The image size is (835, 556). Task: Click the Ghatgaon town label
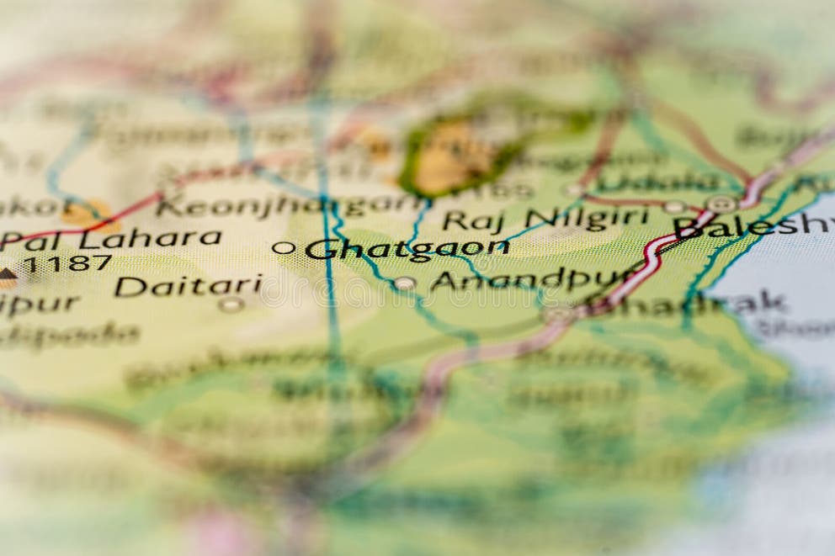click(407, 248)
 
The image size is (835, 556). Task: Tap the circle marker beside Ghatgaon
click(284, 247)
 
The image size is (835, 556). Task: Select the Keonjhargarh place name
click(290, 205)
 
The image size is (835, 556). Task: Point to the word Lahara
click(161, 238)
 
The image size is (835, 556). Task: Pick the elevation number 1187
click(66, 263)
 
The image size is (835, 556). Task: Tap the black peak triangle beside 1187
click(7, 273)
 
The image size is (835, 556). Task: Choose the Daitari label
click(188, 286)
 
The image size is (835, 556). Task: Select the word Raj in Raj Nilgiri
click(472, 220)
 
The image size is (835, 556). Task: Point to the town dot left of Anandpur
click(404, 283)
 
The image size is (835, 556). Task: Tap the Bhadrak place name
click(699, 303)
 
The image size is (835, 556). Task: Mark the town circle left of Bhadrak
click(557, 313)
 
